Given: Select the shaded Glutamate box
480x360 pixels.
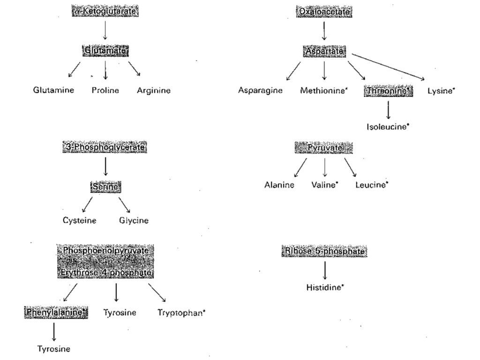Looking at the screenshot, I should pos(106,50).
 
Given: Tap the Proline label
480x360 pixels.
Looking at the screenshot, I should pos(105,90).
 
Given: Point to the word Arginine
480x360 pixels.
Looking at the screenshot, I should pos(154,90).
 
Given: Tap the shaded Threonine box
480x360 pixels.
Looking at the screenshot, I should pos(388,91).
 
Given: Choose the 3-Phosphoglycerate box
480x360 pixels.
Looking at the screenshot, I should pos(105,148).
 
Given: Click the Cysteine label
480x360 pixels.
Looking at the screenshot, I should pos(80,221).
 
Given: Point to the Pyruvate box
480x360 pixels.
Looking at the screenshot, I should pos(324,148).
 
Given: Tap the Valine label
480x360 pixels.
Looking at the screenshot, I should pos(324,185).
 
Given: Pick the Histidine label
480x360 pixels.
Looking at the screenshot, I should pos(324,287).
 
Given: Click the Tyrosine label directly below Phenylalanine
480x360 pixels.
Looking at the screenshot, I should pos(54,349).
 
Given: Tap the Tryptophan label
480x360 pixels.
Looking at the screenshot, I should pos(181,313).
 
